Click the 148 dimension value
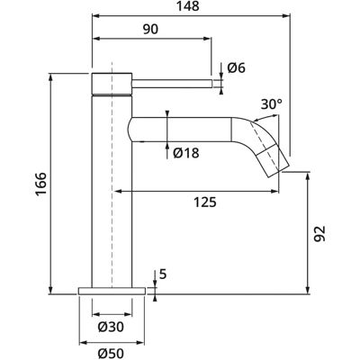point(187,5)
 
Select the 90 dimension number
point(150,30)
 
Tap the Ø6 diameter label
point(237,68)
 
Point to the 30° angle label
point(272,104)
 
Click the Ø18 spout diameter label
point(186,153)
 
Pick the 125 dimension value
point(205,202)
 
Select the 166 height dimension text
point(41,184)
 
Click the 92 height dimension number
point(319,234)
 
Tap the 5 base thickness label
point(163,274)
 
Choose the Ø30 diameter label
point(111,327)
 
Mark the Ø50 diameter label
point(111,354)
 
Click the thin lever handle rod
point(173,84)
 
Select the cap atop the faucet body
point(112,84)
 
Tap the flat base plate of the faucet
point(112,291)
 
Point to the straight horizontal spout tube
point(180,130)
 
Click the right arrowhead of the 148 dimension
point(286,16)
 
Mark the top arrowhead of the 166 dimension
point(50,76)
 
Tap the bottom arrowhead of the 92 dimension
point(307,291)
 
